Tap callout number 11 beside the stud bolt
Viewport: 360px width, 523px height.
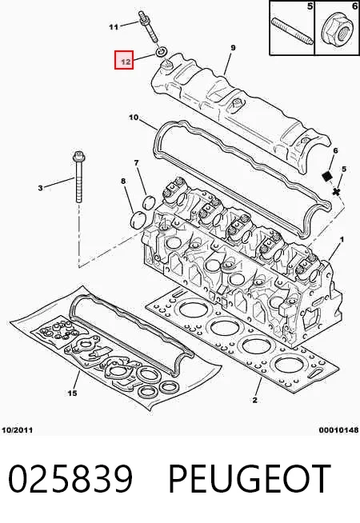(114, 27)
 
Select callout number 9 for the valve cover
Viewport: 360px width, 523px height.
(233, 48)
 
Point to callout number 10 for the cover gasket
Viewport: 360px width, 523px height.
(134, 118)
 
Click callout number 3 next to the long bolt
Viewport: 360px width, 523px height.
(40, 188)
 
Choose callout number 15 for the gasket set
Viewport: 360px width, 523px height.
(73, 393)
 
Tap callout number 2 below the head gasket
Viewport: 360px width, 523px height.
(255, 400)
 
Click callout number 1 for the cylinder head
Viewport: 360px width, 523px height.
(342, 239)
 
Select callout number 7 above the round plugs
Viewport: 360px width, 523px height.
(136, 163)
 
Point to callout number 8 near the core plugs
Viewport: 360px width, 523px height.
(123, 181)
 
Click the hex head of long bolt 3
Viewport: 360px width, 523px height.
(78, 156)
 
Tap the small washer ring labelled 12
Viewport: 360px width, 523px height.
(161, 52)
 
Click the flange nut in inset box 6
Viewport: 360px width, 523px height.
(337, 27)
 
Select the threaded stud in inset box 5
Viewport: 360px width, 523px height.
(292, 32)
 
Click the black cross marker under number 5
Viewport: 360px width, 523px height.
(336, 192)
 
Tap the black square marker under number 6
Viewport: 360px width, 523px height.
(327, 176)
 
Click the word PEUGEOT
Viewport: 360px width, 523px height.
(250, 479)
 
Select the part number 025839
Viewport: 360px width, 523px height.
(70, 479)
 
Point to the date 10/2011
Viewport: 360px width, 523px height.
(18, 430)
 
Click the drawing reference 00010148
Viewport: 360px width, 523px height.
(338, 430)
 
